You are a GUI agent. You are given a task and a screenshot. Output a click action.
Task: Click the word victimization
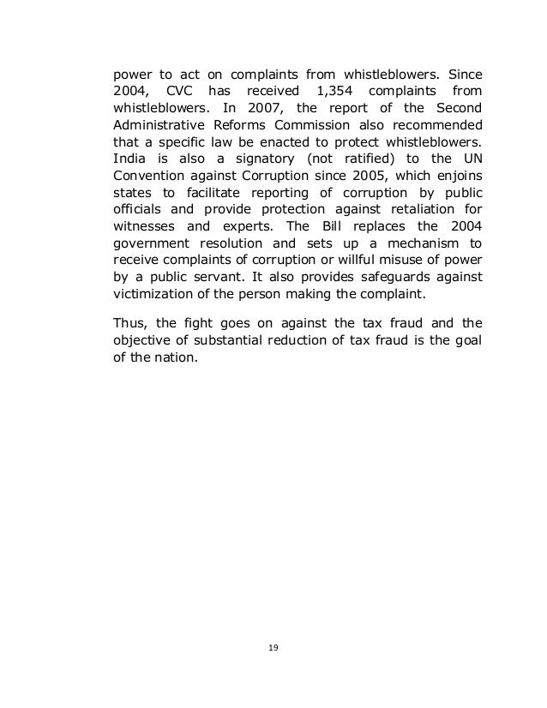(153, 297)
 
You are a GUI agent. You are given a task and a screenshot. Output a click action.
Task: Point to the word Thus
(130, 323)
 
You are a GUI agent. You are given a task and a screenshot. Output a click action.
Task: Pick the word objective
(147, 342)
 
